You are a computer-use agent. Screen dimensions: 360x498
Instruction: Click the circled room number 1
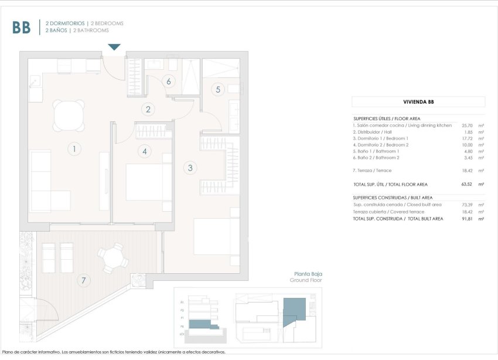(x=74, y=149)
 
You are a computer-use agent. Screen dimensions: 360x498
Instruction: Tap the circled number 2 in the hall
(x=149, y=108)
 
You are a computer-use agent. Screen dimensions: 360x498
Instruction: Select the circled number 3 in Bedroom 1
(x=189, y=168)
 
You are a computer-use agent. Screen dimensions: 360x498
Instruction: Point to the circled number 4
(x=144, y=151)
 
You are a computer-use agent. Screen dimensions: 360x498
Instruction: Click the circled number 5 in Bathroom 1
(x=218, y=90)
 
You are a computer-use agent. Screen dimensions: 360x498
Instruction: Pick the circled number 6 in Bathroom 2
(x=169, y=81)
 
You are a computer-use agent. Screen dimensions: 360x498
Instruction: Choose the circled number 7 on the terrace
(x=84, y=281)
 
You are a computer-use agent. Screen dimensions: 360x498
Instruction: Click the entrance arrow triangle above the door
(x=114, y=47)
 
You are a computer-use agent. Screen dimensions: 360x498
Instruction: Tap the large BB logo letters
(x=21, y=28)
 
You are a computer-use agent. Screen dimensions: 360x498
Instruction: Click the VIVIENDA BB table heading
(x=418, y=101)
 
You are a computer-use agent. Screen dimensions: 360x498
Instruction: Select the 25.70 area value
(x=467, y=125)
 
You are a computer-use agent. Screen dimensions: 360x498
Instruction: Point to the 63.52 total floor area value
(x=467, y=184)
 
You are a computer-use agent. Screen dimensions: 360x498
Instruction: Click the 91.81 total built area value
(x=467, y=219)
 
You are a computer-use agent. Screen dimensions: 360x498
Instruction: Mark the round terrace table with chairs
(x=112, y=258)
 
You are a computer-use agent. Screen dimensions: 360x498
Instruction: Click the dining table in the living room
(x=69, y=116)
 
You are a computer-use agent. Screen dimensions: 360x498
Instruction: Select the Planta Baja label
(x=308, y=274)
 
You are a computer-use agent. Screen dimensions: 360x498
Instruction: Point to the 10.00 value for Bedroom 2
(x=467, y=145)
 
